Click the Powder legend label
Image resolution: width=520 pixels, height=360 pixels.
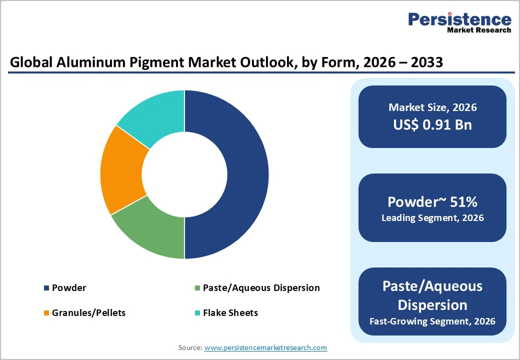[69, 288]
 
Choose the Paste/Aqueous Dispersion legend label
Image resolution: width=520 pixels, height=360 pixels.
[261, 288]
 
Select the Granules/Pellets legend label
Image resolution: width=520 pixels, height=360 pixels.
[88, 313]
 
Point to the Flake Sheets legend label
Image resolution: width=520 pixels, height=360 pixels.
[230, 313]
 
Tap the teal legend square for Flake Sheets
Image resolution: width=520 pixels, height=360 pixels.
[197, 313]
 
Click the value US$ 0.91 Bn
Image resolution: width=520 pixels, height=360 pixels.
[432, 124]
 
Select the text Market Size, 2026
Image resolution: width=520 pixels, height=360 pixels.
[432, 107]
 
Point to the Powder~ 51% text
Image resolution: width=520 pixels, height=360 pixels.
[432, 201]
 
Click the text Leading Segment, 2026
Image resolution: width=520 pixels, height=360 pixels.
[432, 218]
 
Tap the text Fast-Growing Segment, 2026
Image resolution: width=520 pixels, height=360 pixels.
[432, 321]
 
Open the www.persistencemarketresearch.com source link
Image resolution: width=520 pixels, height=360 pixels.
[265, 347]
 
